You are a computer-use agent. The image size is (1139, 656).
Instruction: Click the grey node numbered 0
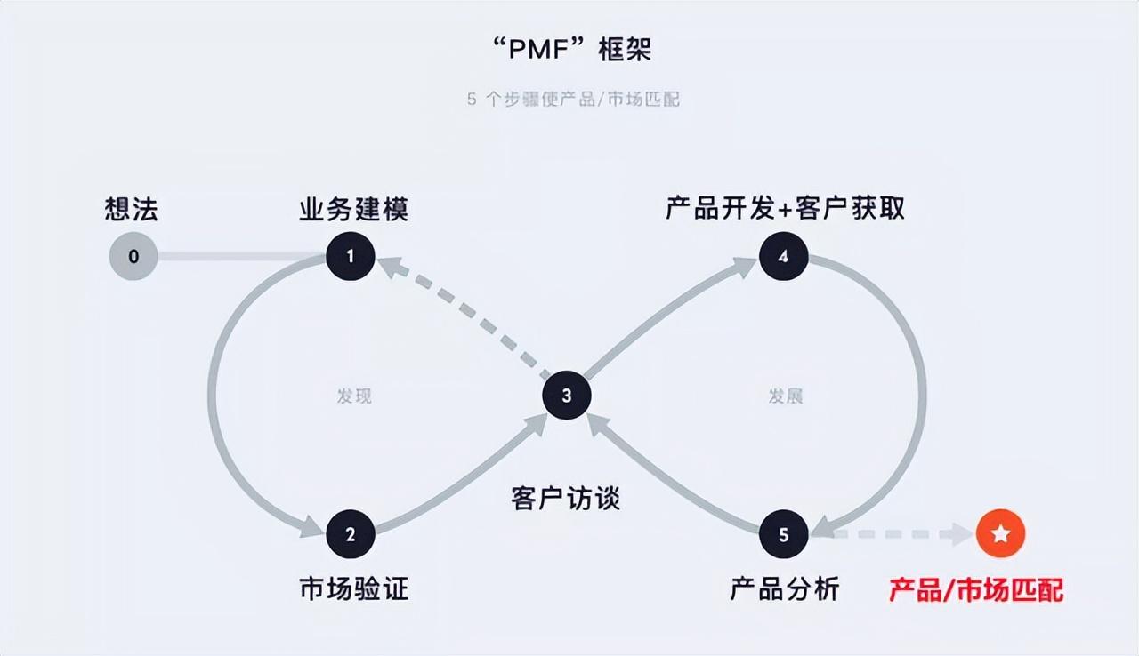point(133,257)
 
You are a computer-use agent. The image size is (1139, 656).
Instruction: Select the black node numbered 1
point(350,257)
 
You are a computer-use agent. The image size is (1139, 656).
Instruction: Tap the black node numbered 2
point(350,534)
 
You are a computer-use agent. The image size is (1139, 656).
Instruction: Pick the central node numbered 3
point(567,396)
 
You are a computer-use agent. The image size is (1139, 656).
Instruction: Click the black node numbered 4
point(783,257)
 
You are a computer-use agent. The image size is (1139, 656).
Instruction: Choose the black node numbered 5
point(783,534)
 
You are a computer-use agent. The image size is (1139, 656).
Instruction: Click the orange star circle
point(1000,534)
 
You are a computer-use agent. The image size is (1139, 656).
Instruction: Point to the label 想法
point(132,210)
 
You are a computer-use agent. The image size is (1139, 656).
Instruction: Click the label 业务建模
point(353,210)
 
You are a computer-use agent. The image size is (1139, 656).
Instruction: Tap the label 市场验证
point(353,588)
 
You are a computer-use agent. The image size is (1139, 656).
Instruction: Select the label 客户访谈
point(566,499)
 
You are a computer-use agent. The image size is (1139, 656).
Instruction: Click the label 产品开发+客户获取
point(785,208)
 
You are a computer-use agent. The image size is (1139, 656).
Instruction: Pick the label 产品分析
point(785,588)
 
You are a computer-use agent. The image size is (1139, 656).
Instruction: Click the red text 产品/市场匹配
point(976,589)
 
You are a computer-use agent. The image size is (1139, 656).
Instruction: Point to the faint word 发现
point(353,396)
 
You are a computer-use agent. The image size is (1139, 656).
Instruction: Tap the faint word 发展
point(785,396)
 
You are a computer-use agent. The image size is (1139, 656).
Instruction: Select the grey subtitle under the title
point(573,99)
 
